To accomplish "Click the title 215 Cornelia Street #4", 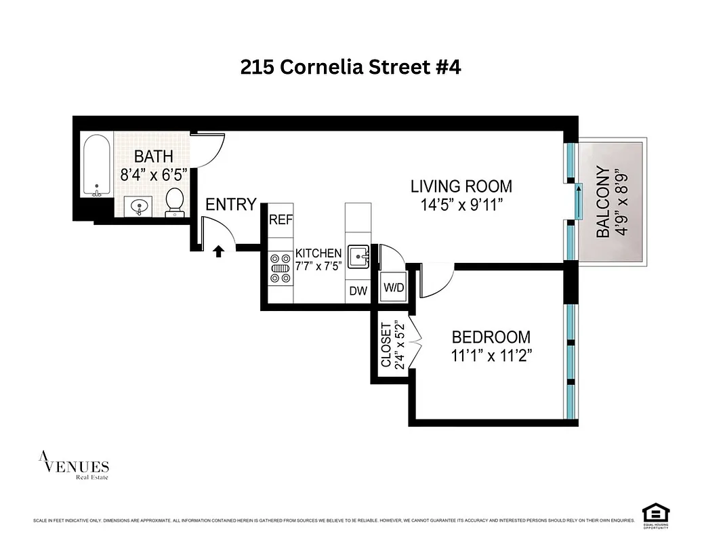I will point(350,67).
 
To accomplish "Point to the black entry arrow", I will point(218,252).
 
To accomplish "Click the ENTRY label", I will point(231,204).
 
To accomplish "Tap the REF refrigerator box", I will point(280,220).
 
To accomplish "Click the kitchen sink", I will point(358,257).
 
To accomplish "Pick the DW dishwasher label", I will point(358,291).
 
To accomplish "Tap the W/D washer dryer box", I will point(394,287).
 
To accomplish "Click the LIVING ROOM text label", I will point(461,186).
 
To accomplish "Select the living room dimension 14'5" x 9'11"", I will point(461,205).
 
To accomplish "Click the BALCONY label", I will point(603,203).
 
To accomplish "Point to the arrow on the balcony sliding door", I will point(578,201).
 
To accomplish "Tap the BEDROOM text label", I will point(491,337).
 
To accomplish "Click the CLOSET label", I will point(386,345).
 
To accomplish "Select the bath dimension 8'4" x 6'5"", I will point(153,175).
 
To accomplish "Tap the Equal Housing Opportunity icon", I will point(655,513).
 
